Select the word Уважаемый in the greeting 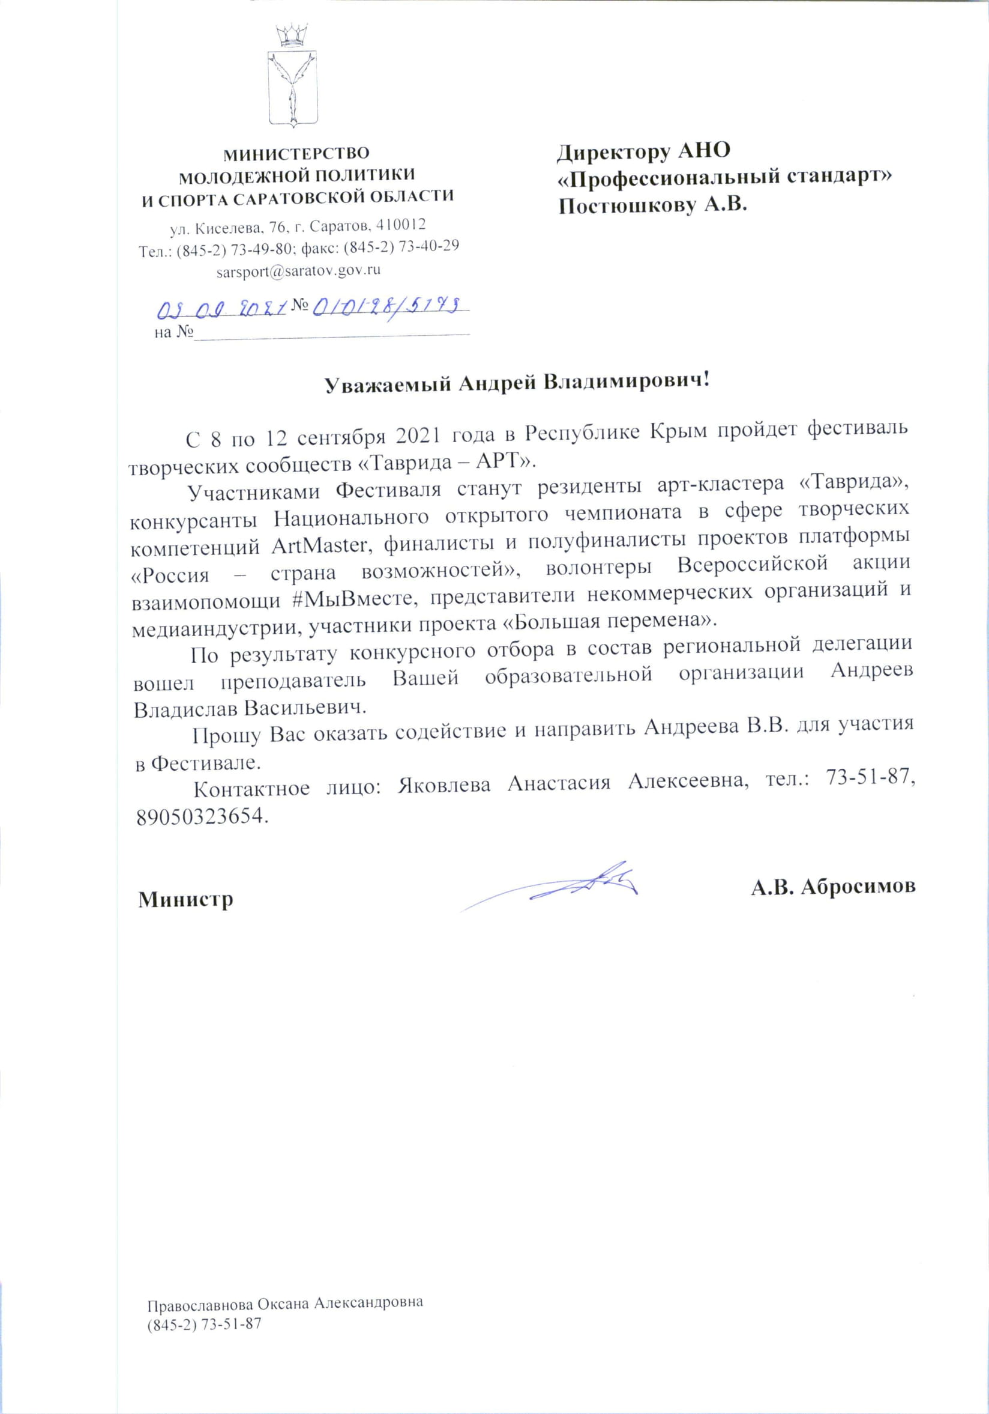pyautogui.click(x=388, y=383)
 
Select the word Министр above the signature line pyautogui.click(x=186, y=900)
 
